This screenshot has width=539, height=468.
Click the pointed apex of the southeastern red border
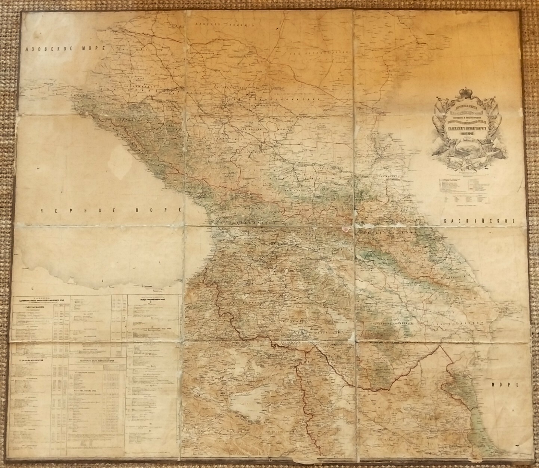[440, 346]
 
